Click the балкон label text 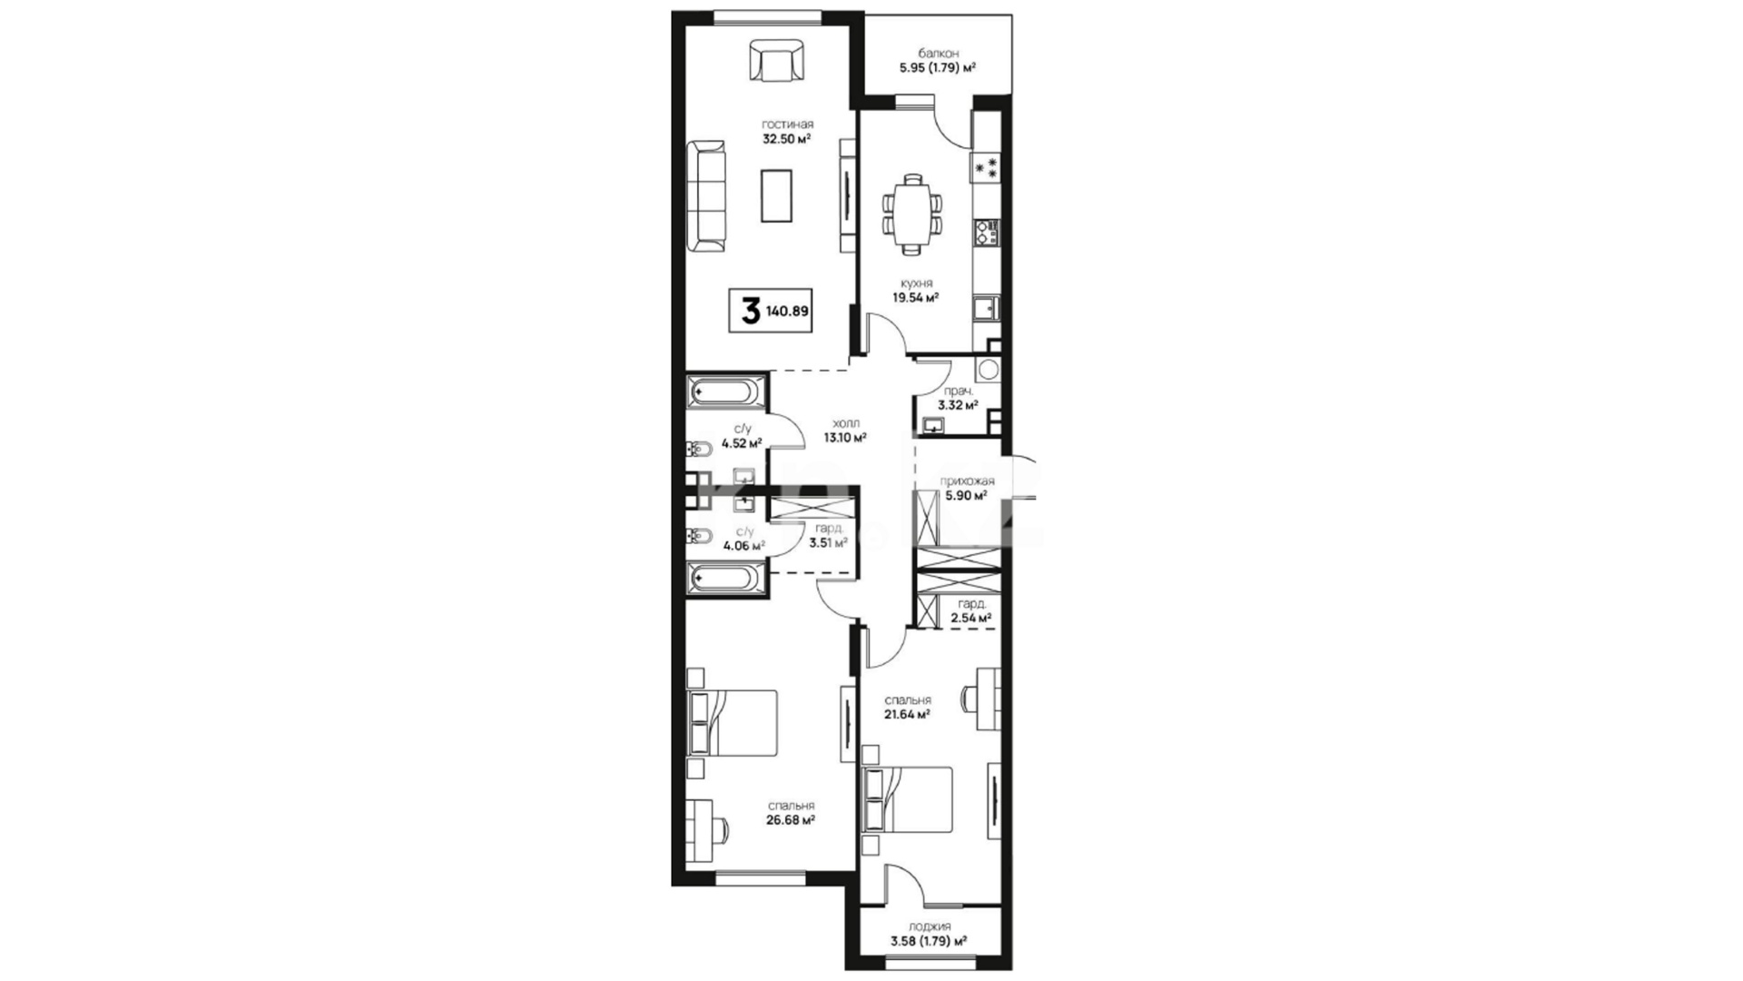click(x=938, y=54)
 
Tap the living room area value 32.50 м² click(x=786, y=139)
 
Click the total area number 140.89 click(x=787, y=311)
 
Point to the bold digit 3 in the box click(x=750, y=312)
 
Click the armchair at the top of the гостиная click(x=776, y=61)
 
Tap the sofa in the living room click(x=705, y=197)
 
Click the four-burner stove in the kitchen click(x=986, y=167)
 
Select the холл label click(x=844, y=422)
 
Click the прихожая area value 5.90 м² click(x=966, y=496)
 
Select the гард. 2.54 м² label click(x=971, y=611)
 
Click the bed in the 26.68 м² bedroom click(x=733, y=723)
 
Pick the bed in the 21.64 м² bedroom click(x=909, y=799)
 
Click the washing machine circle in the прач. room click(x=988, y=370)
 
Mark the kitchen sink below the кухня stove click(x=986, y=309)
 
